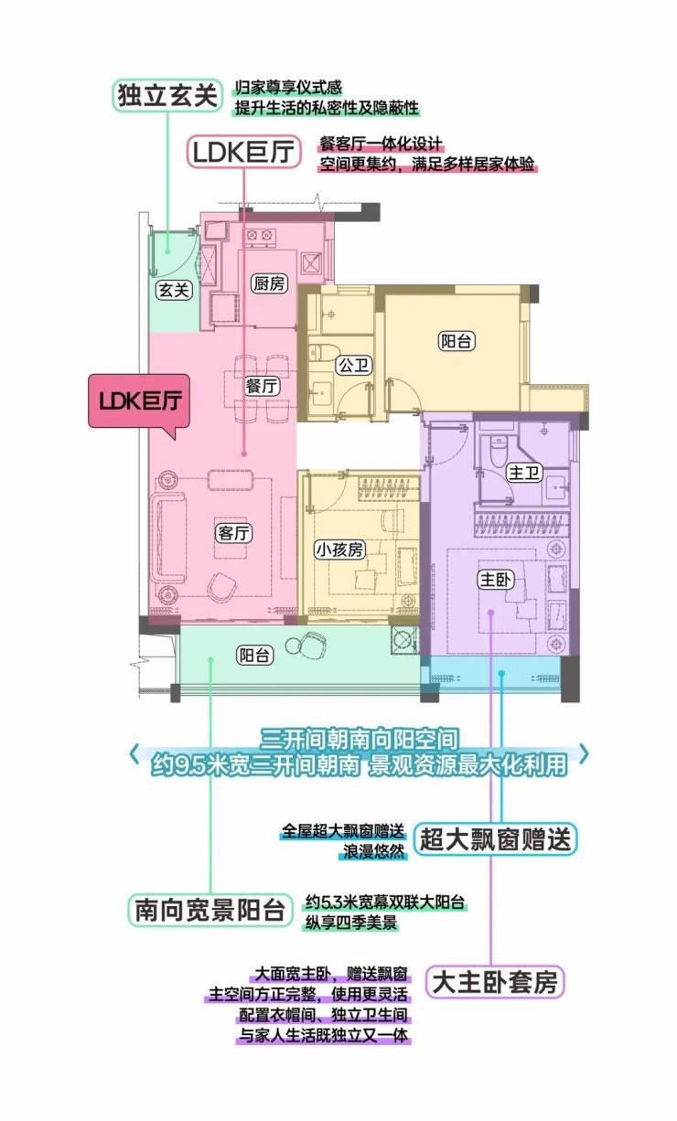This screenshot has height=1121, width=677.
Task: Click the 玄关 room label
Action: pyautogui.click(x=173, y=290)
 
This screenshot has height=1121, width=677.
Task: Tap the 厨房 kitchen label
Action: pyautogui.click(x=269, y=283)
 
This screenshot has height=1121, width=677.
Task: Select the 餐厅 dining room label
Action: pyautogui.click(x=262, y=387)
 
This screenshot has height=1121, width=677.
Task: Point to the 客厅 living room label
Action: pyautogui.click(x=234, y=533)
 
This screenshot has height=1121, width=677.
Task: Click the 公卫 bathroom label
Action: pyautogui.click(x=354, y=366)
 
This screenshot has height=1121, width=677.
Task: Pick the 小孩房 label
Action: pyautogui.click(x=340, y=550)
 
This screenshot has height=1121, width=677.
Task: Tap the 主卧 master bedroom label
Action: pyautogui.click(x=495, y=580)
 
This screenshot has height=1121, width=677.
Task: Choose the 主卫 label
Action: pyautogui.click(x=524, y=473)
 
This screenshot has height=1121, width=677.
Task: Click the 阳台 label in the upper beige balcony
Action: pyautogui.click(x=457, y=341)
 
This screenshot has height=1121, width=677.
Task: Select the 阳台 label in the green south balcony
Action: pyautogui.click(x=255, y=656)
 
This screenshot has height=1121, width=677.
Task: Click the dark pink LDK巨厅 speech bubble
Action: pyautogui.click(x=139, y=401)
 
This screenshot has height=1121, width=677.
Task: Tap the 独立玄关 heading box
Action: pyautogui.click(x=167, y=95)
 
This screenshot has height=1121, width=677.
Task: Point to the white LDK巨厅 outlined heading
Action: pyautogui.click(x=244, y=152)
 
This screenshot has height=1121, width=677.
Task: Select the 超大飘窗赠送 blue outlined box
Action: pyautogui.click(x=495, y=839)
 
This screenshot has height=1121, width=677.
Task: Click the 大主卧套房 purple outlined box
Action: pyautogui.click(x=495, y=982)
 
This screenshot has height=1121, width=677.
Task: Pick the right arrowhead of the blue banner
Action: pyautogui.click(x=584, y=753)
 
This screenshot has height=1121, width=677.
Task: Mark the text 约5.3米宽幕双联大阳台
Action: pyautogui.click(x=385, y=902)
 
